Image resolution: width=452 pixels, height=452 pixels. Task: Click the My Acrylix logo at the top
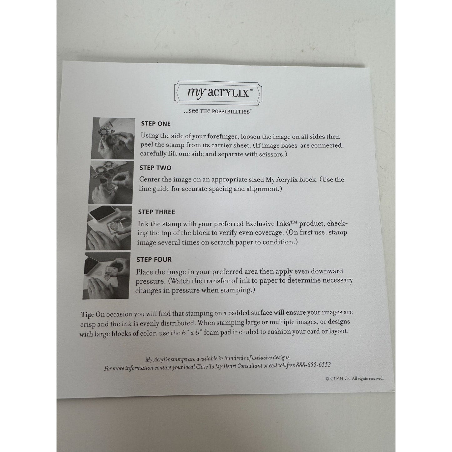coord(218,93)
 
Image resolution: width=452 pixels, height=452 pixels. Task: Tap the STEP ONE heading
coord(156,124)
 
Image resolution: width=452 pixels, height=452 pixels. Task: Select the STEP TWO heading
coord(155,168)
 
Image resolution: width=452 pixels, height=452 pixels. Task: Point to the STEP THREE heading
coord(157,212)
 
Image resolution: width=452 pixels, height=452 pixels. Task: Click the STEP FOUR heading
coord(154,259)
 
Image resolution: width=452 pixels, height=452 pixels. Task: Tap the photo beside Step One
coord(113,138)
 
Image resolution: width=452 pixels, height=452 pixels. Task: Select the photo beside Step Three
coord(109,228)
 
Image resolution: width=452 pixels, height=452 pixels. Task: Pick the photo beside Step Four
coord(107,275)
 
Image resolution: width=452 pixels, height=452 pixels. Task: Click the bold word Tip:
coord(88,314)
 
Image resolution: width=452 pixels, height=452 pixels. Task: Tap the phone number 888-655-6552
coord(313,365)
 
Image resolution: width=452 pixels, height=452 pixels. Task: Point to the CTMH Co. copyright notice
coord(355,378)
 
